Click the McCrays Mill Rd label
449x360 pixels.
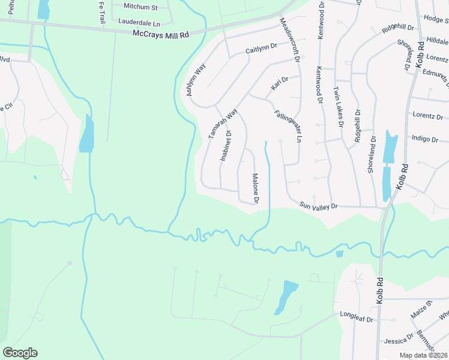pos(161,35)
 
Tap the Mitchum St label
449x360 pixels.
pos(140,7)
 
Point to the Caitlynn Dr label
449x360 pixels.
pos(261,49)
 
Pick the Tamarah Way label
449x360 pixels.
pos(223,124)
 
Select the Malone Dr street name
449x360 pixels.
pos(255,188)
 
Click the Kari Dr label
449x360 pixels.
pos(280,83)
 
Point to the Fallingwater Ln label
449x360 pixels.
pos(288,122)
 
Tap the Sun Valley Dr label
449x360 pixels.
pos(319,206)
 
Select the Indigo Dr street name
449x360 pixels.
pos(425,139)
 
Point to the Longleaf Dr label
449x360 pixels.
pos(357,314)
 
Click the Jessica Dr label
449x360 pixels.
pos(399,341)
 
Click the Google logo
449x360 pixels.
pos(20,353)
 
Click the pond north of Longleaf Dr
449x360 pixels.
pos(286,297)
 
